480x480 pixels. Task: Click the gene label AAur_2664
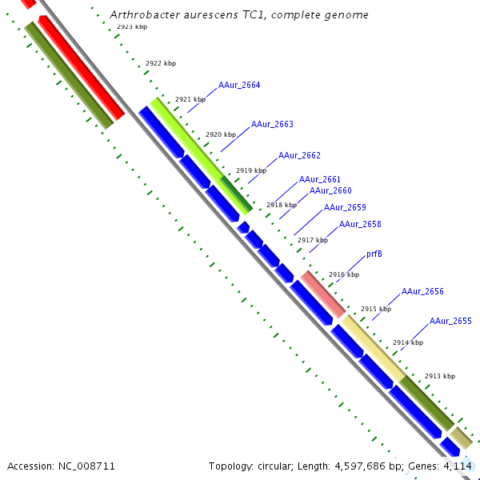coord(238,85)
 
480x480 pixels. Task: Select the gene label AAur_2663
coord(272,124)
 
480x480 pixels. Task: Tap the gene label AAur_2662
coord(299,155)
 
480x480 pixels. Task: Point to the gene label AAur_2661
coord(319,179)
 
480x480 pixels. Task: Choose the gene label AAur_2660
coord(330,190)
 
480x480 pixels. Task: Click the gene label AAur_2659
coord(345,208)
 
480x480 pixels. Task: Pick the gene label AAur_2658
coord(360,225)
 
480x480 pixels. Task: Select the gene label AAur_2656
coord(422,291)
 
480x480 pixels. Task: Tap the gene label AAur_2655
coord(450,321)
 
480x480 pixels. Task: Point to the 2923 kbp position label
coord(131,27)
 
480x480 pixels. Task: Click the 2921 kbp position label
coord(190,100)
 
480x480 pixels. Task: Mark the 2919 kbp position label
coord(250,171)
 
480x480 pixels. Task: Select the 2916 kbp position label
coord(344,274)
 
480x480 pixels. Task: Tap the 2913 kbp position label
coord(439,376)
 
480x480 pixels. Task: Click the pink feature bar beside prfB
coord(323,294)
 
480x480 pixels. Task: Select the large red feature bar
coord(81,69)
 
